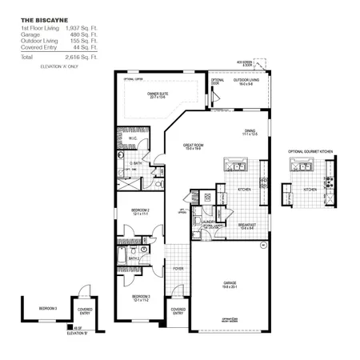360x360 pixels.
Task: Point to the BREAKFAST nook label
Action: (246, 226)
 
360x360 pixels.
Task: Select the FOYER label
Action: (178, 269)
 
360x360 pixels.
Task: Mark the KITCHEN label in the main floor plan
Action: (245, 190)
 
